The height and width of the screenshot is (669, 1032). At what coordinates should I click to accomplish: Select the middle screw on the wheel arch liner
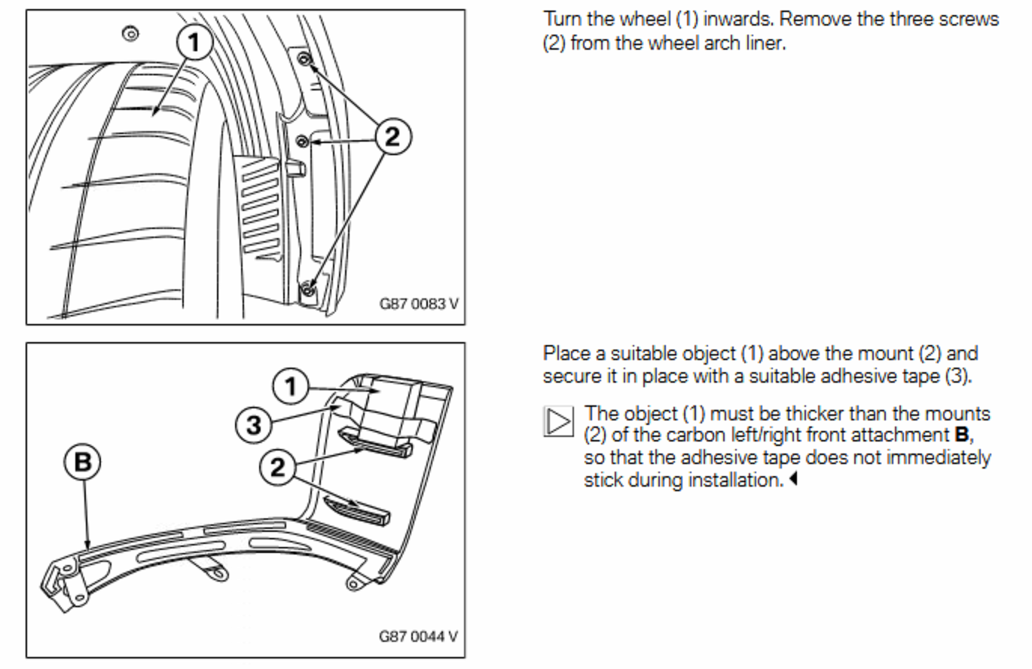302,139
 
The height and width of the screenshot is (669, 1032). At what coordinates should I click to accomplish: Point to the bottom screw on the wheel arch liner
307,289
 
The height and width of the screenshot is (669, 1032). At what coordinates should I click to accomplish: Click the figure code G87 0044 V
418,637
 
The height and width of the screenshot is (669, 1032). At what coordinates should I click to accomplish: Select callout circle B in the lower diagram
82,462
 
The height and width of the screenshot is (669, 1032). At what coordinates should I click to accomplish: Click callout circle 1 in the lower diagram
291,388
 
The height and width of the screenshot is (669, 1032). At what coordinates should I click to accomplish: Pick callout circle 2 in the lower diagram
278,469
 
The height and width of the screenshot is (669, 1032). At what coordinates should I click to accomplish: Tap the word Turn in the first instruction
562,20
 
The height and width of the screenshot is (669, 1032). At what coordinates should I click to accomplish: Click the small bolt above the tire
131,32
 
